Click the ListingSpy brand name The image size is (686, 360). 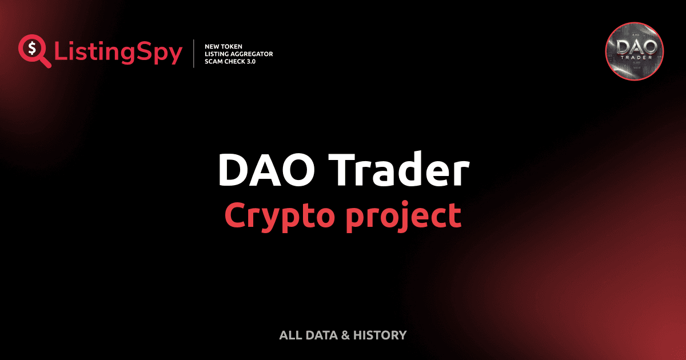click(x=118, y=53)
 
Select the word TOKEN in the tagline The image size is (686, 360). click(x=232, y=46)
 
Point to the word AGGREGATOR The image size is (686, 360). click(x=249, y=54)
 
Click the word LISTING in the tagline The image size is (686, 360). click(x=216, y=54)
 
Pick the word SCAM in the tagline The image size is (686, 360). click(x=213, y=61)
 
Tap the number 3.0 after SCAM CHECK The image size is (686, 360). click(x=249, y=61)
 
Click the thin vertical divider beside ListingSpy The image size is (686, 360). click(x=195, y=54)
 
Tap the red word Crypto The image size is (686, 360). click(x=276, y=215)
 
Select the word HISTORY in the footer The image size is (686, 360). click(x=380, y=335)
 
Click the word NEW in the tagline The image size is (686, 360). click(x=212, y=46)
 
